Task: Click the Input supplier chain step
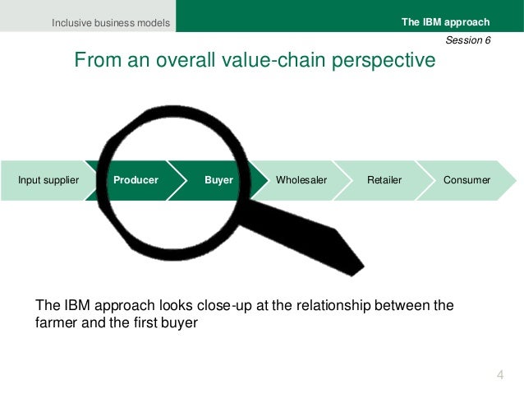point(48,179)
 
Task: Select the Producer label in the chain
point(136,179)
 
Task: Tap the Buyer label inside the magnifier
point(219,179)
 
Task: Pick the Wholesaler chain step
point(301,179)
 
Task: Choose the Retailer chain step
point(384,179)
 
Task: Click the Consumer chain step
point(467,179)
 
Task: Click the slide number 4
point(500,376)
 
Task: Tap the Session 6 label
point(468,39)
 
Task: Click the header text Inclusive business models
point(111,22)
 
